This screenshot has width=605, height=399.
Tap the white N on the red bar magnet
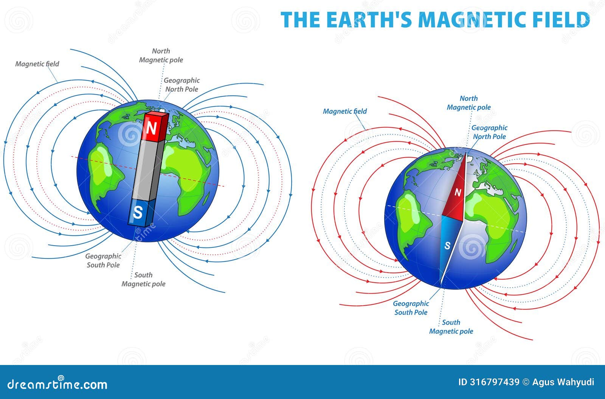[151, 128]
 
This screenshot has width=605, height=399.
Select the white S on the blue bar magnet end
[138, 213]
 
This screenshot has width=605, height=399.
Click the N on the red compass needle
[458, 193]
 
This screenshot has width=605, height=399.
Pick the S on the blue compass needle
[447, 246]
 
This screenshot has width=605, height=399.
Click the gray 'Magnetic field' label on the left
[37, 64]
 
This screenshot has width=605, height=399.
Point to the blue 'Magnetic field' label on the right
[344, 111]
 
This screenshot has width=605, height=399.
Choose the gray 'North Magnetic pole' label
[161, 56]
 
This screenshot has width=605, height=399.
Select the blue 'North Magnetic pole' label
[469, 103]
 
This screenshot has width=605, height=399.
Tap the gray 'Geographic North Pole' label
[182, 85]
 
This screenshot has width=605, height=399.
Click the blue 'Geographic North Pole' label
[489, 132]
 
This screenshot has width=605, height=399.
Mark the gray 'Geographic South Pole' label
[103, 261]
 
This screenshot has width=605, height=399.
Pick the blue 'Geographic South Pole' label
[411, 308]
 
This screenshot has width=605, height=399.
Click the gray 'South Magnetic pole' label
[143, 280]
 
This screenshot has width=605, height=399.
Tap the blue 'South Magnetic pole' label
[451, 327]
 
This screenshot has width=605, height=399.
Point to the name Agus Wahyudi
[563, 382]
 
